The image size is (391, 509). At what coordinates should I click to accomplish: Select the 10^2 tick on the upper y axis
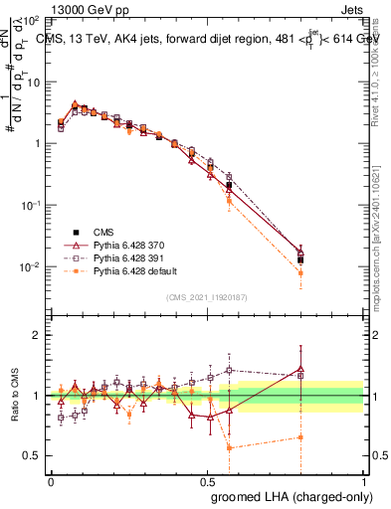(33, 20)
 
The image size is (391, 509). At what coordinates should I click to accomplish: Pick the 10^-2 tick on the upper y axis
(33, 267)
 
